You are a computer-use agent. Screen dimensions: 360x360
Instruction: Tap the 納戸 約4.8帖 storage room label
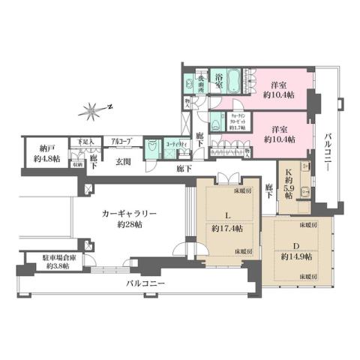(x=35, y=153)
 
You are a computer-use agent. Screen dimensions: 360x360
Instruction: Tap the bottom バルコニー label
(x=145, y=283)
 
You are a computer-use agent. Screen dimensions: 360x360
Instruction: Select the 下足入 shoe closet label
(x=76, y=141)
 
